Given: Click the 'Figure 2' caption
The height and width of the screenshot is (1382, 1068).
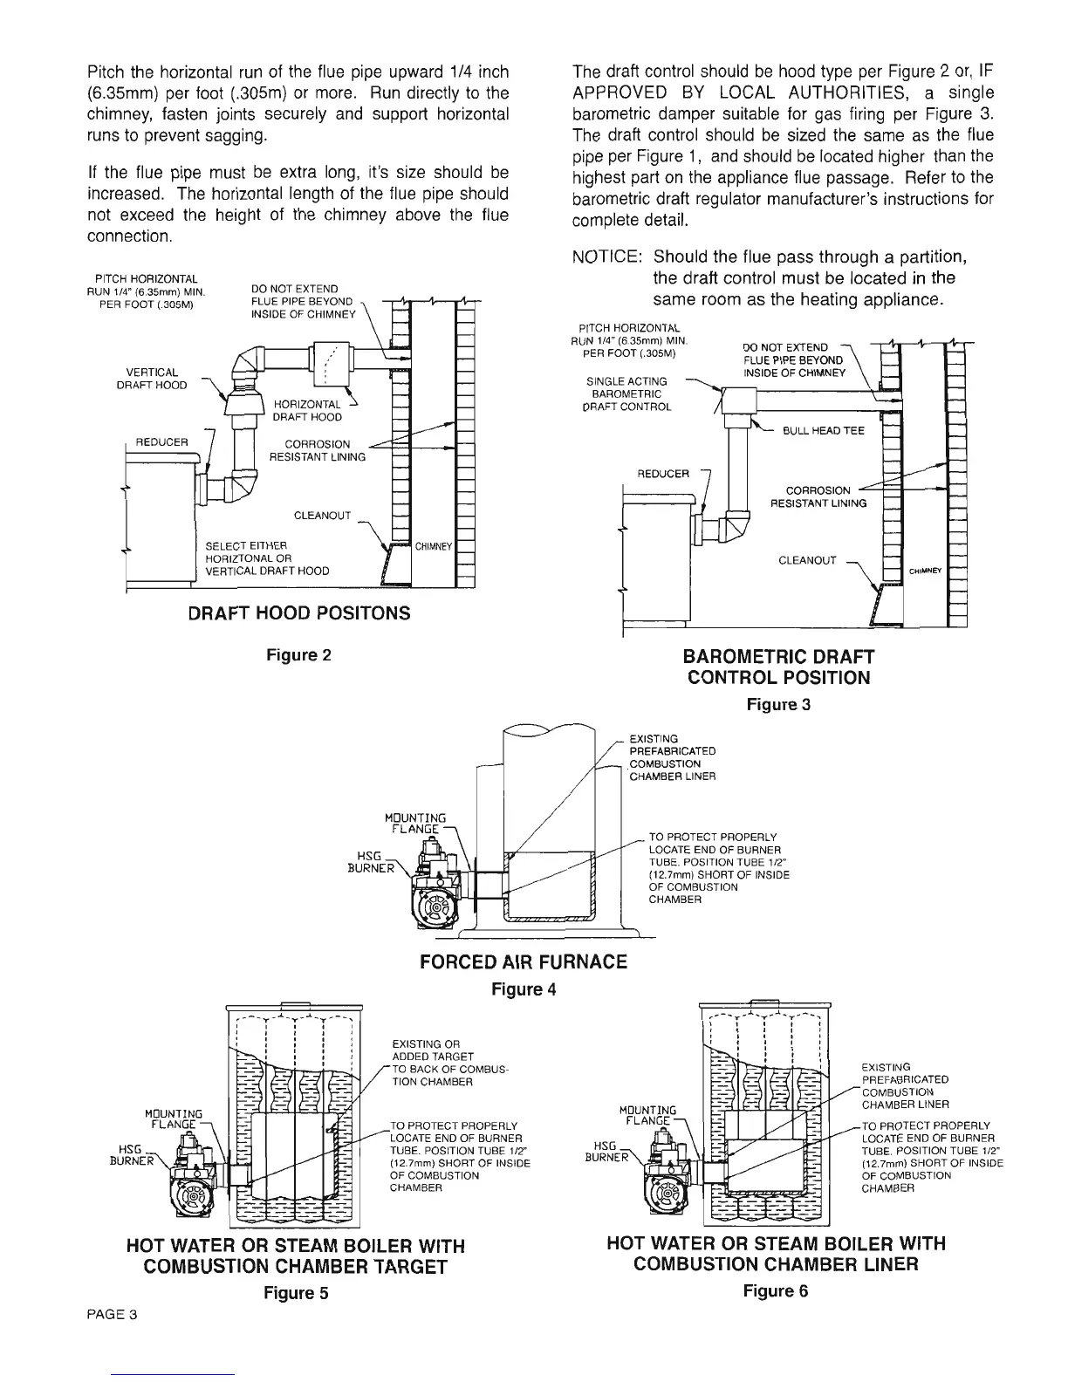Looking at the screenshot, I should click(298, 654).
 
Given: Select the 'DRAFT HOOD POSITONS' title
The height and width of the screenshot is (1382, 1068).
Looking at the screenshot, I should click(299, 612).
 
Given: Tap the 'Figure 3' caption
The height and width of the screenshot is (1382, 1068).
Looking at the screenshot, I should click(778, 704).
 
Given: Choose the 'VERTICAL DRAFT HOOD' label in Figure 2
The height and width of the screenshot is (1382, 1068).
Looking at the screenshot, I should click(152, 379).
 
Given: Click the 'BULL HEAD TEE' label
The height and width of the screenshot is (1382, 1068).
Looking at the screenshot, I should click(823, 431).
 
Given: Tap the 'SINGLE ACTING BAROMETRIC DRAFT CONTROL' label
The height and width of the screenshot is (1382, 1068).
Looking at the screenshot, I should click(640, 393).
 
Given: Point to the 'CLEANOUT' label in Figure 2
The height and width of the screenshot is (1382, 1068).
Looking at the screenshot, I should click(322, 516).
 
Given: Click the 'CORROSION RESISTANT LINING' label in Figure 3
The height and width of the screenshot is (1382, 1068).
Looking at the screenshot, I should click(818, 496).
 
